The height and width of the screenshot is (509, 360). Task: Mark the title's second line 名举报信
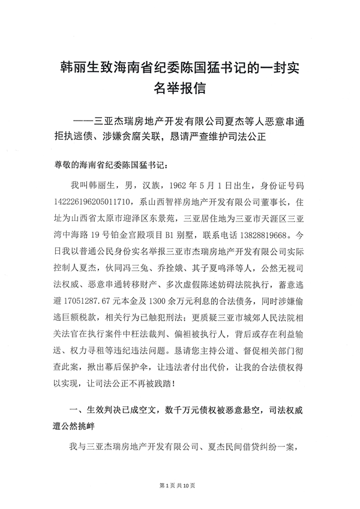[x=179, y=89]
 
